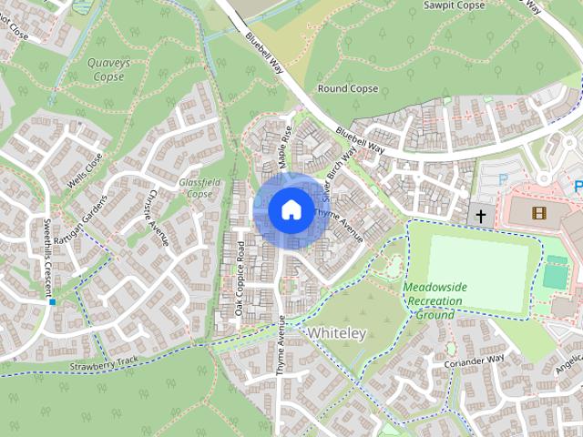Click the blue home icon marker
pos(291,209)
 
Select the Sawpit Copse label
pos(458,6)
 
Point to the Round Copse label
pos(347,89)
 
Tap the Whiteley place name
pos(336,333)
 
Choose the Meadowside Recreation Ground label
pos(435,300)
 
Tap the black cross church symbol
pos(480,216)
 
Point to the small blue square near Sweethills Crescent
pos(53,301)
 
